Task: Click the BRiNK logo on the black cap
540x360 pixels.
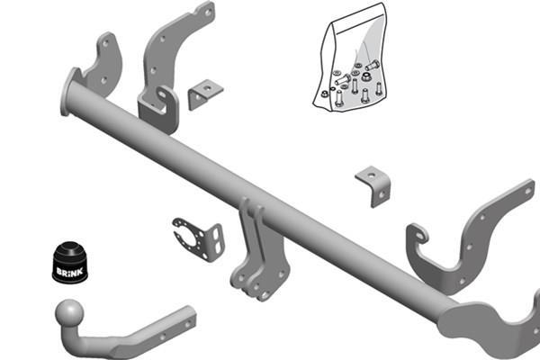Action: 69,272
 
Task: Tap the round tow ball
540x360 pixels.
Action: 69,313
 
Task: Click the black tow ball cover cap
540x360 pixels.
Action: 70,262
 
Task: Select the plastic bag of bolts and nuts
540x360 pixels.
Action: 350,58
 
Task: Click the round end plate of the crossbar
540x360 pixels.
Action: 68,92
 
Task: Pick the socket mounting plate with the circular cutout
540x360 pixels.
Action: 199,238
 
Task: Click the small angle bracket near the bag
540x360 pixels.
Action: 205,94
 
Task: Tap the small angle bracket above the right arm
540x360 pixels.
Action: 373,186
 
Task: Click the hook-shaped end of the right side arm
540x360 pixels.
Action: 418,235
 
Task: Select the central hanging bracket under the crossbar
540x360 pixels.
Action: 258,251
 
